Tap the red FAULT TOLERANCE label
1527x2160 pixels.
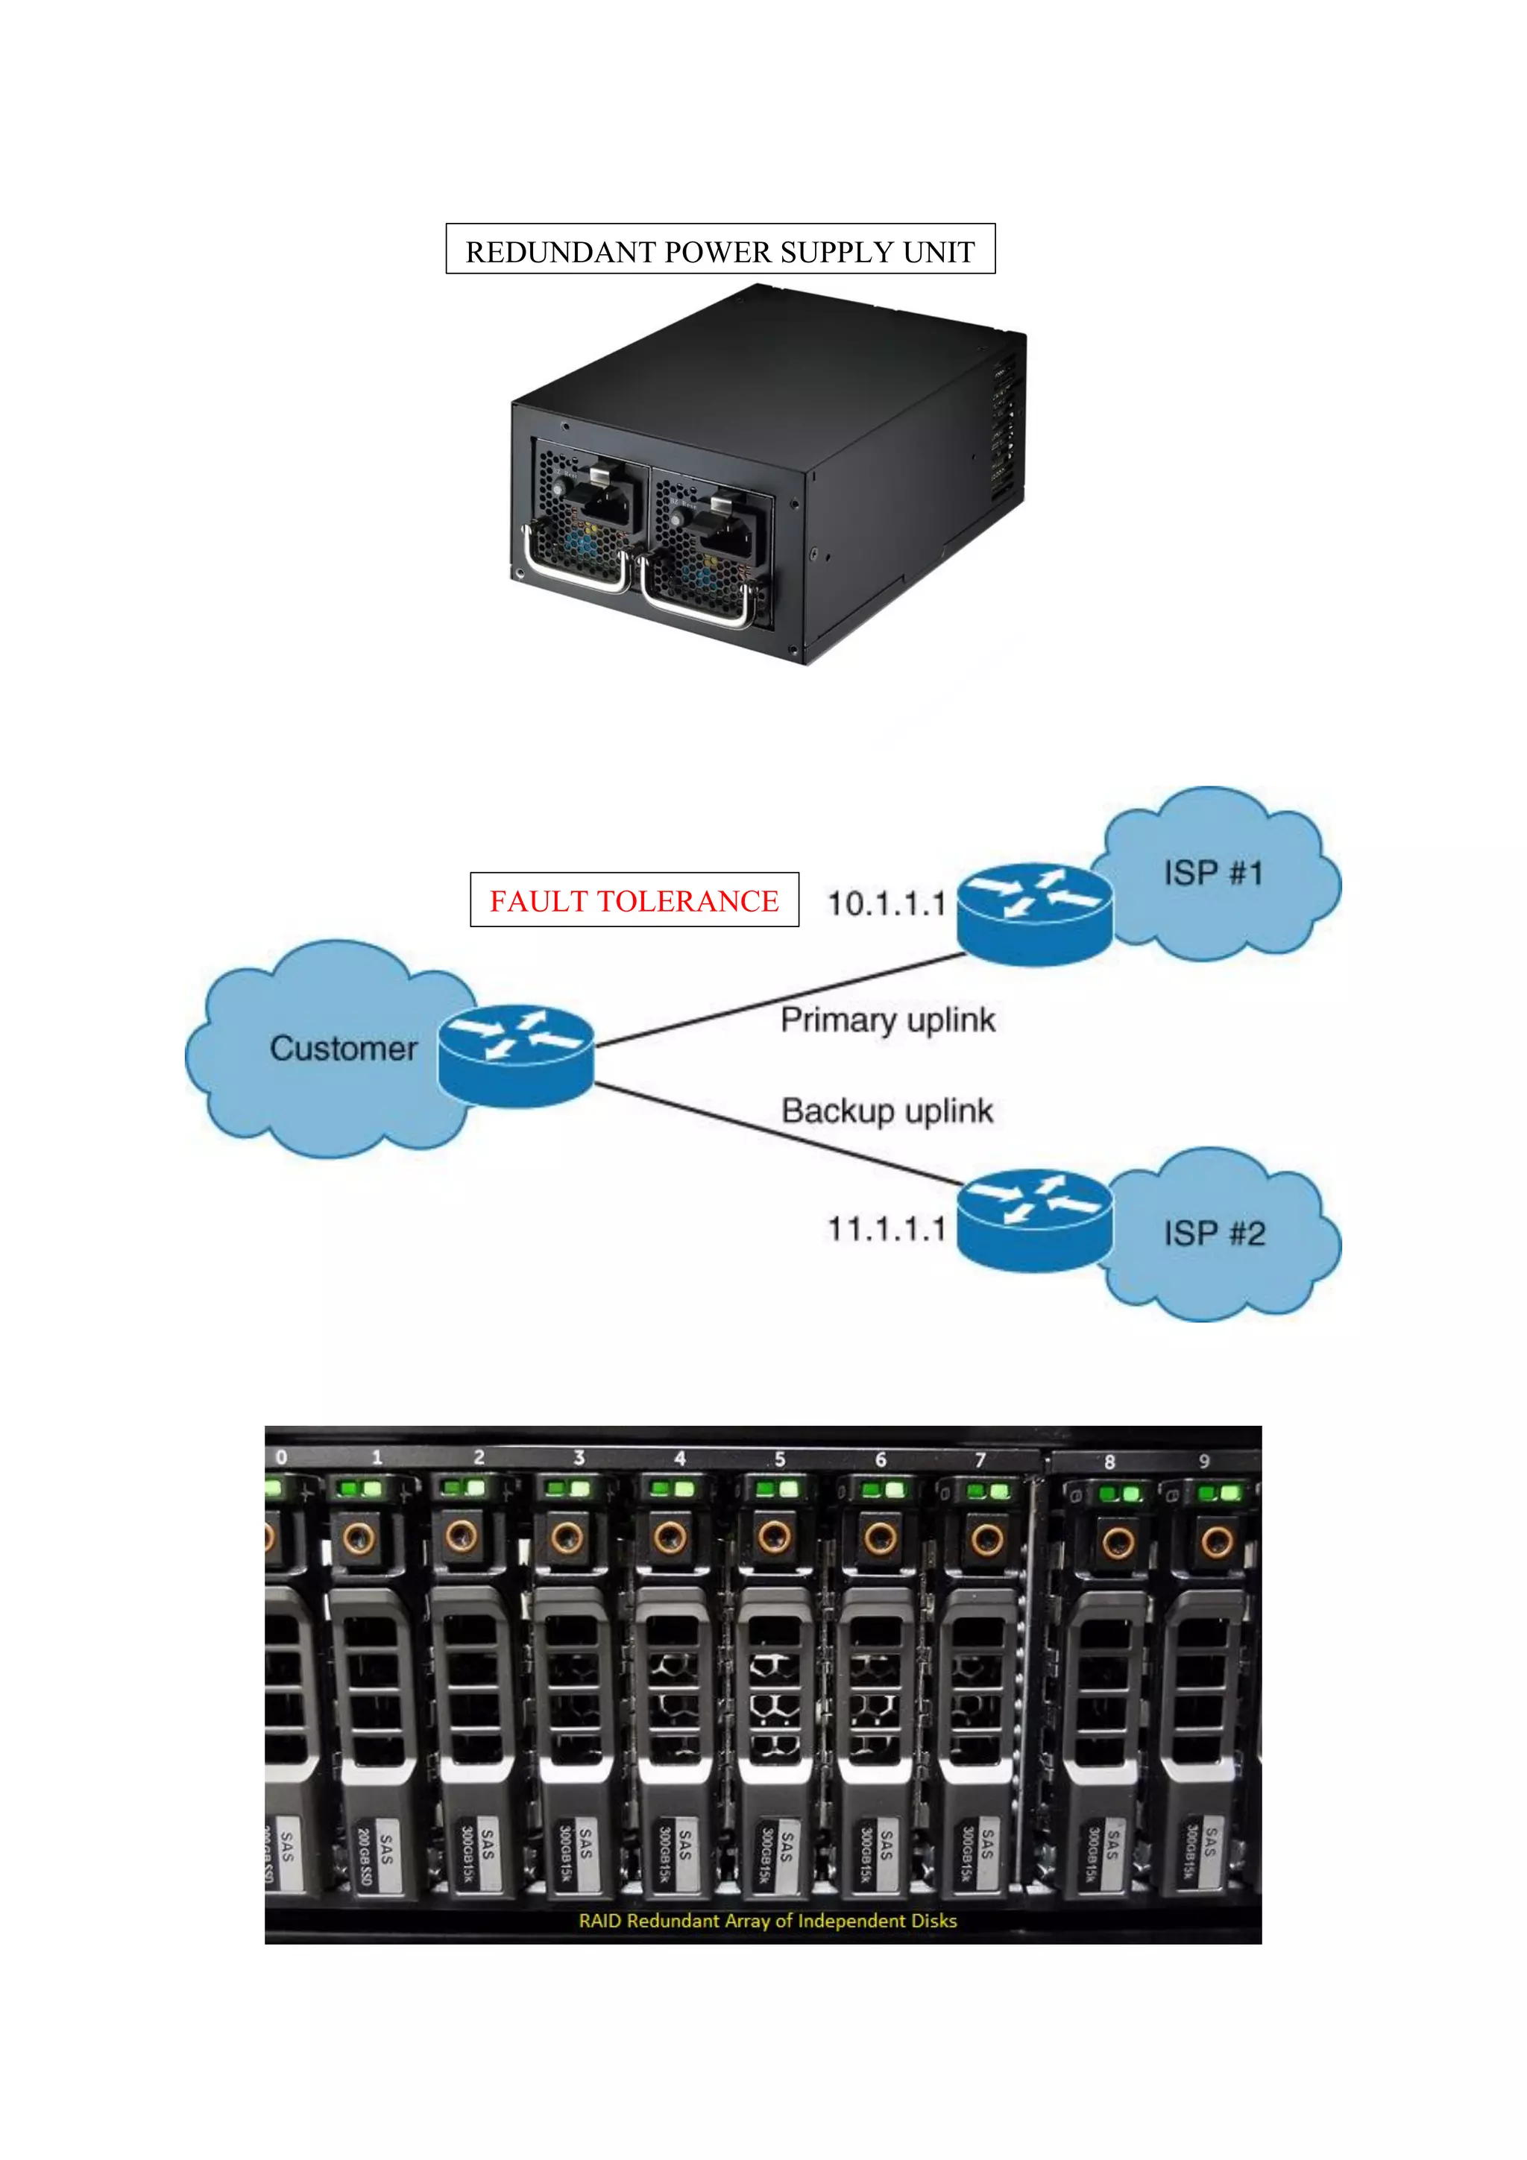point(634,900)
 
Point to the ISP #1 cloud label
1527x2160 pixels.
point(1213,873)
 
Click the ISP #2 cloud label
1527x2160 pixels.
point(1214,1234)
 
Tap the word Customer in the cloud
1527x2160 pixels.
point(344,1048)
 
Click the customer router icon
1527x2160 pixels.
point(515,1055)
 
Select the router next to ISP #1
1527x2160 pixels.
point(1034,912)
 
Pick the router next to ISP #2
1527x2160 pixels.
point(1034,1219)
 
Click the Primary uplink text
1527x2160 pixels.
point(887,1020)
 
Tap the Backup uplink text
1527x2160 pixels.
point(887,1111)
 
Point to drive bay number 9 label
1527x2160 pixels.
point(1203,1460)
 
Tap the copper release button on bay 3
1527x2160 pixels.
point(567,1538)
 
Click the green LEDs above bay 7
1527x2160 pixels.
point(988,1491)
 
